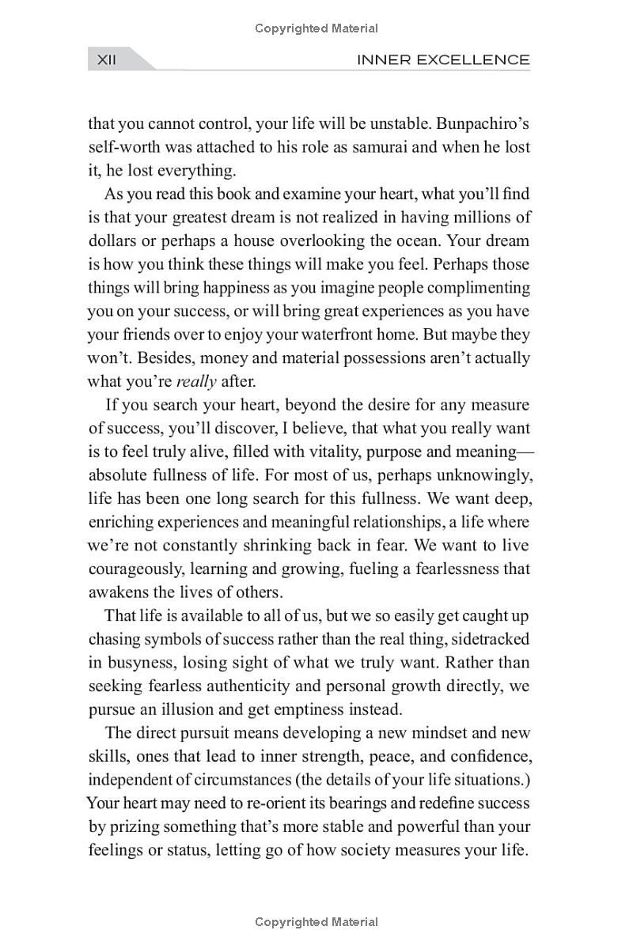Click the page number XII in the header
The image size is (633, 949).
[x=106, y=59]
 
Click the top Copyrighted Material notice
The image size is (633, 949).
[x=316, y=28]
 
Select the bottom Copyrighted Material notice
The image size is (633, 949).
[x=316, y=921]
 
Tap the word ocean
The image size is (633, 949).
[x=504, y=240]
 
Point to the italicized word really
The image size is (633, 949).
[x=196, y=381]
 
